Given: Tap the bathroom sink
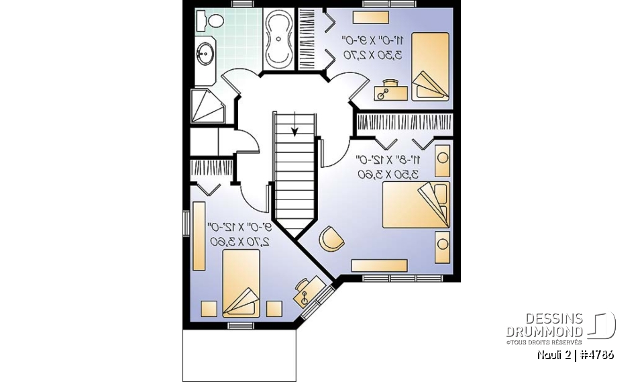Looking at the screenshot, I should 205,52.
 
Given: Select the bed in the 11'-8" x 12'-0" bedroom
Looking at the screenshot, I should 416,205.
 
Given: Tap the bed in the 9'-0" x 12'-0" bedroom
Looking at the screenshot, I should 240,283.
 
